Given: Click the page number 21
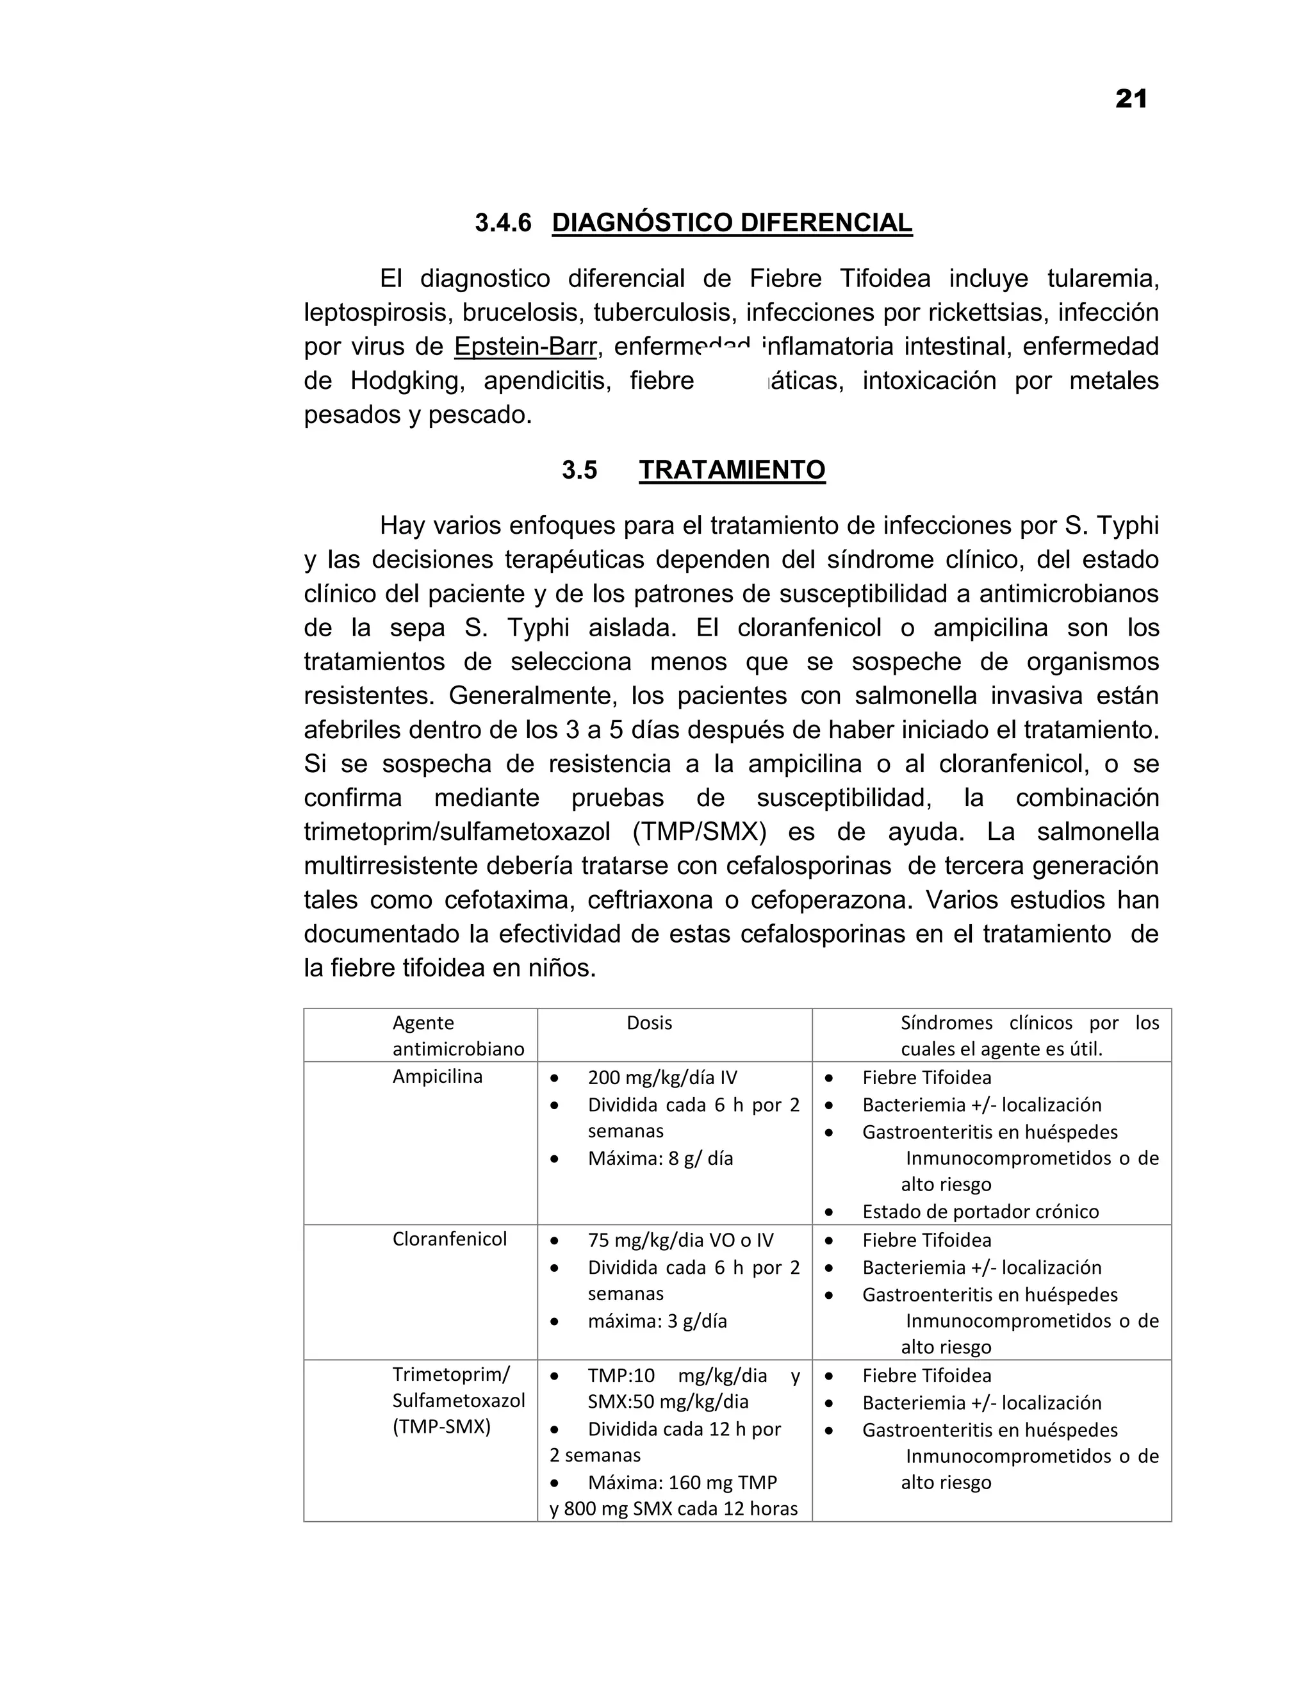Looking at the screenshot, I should [1131, 99].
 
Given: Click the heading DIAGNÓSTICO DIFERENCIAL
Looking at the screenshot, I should [732, 222].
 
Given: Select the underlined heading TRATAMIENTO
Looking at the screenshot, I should [732, 470].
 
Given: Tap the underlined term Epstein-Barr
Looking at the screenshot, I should [525, 346].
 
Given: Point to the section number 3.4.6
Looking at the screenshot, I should [503, 222].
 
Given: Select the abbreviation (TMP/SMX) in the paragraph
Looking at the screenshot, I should [699, 832].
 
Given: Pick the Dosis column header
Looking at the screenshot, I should [649, 1023].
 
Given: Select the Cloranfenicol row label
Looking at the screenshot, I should [449, 1239].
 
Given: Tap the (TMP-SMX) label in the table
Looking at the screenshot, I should [441, 1428].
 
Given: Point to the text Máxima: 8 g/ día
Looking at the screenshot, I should [660, 1158].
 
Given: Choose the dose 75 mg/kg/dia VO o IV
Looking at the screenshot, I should [680, 1240].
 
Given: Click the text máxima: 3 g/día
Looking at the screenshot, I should [657, 1321].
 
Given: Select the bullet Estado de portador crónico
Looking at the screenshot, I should [980, 1211].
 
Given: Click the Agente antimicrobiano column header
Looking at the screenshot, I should [458, 1035].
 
